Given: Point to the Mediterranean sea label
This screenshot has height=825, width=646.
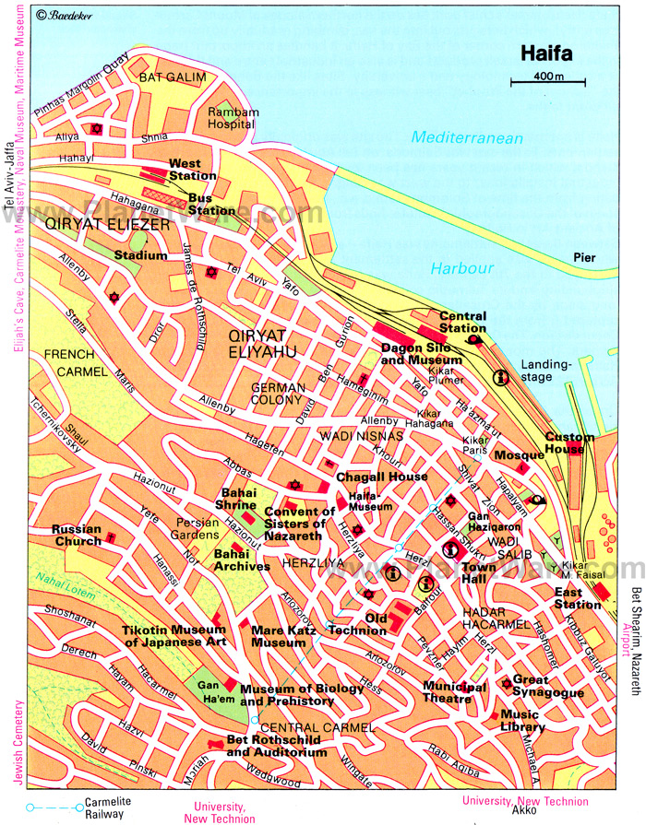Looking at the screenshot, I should tap(467, 138).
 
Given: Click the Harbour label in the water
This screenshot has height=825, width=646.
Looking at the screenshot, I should tap(461, 268).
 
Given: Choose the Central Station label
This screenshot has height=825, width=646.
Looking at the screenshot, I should tap(462, 322).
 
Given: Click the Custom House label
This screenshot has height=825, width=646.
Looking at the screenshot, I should tap(568, 442).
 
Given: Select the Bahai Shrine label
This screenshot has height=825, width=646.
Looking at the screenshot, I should tap(235, 499).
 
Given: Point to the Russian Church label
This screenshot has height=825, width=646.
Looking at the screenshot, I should tap(76, 535).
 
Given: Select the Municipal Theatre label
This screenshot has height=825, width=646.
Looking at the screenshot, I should tap(454, 691).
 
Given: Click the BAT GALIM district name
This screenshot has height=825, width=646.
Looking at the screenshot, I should tap(172, 77).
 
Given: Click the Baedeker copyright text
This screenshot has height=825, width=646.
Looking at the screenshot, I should tap(65, 16).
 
